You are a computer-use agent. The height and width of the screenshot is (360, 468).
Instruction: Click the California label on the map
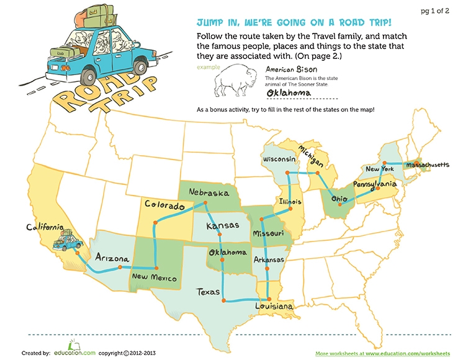(45, 227)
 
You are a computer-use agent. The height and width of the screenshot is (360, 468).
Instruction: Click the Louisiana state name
(273, 307)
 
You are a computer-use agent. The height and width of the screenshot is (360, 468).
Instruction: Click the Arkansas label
(269, 259)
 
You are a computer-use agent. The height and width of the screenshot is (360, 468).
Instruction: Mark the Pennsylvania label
(375, 185)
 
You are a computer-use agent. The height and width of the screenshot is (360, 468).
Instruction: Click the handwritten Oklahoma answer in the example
(288, 93)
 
